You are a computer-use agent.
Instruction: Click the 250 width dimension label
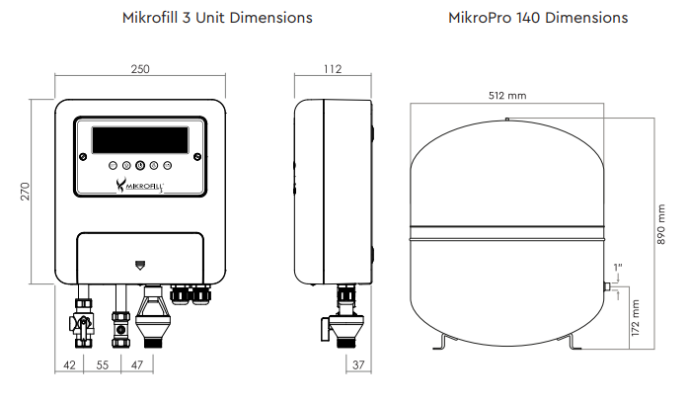pyautogui.click(x=140, y=69)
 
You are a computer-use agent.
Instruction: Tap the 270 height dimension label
pyautogui.click(x=25, y=192)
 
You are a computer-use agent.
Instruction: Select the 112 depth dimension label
pyautogui.click(x=332, y=69)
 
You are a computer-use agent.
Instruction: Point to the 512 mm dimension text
pyautogui.click(x=507, y=95)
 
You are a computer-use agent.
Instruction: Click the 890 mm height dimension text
pyautogui.click(x=661, y=224)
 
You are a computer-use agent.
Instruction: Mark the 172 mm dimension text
pyautogui.click(x=636, y=318)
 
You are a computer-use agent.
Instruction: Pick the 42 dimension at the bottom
pyautogui.click(x=69, y=365)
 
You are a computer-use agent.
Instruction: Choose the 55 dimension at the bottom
pyautogui.click(x=103, y=365)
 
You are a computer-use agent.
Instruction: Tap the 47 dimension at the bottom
pyautogui.click(x=137, y=365)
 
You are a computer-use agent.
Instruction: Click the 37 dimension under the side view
pyautogui.click(x=358, y=364)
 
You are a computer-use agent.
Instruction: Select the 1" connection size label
pyautogui.click(x=618, y=268)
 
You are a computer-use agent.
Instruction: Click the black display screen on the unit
pyautogui.click(x=140, y=140)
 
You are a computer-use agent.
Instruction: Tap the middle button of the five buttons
pyautogui.click(x=140, y=166)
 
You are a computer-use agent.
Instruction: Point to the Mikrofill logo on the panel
pyautogui.click(x=139, y=186)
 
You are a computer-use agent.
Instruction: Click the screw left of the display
pyautogui.click(x=83, y=157)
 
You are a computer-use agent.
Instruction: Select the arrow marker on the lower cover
pyautogui.click(x=140, y=265)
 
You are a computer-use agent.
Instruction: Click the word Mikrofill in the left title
pyautogui.click(x=150, y=18)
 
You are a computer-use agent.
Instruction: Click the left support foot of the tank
pyautogui.click(x=444, y=342)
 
